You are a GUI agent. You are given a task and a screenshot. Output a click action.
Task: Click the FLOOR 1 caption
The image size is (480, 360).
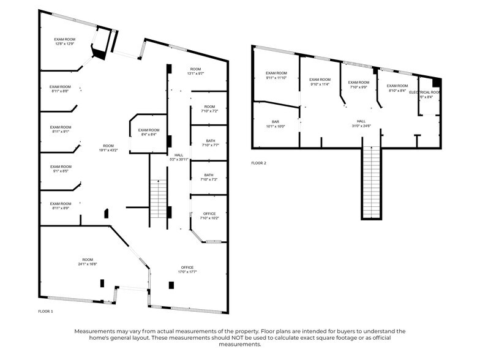coord(45,312)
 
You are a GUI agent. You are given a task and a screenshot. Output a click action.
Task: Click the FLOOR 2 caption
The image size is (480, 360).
coord(258,163)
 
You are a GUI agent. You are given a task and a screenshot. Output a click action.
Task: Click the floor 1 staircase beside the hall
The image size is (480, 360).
coord(159,199)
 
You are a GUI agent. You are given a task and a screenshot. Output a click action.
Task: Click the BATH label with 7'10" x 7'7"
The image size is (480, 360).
coord(209,143)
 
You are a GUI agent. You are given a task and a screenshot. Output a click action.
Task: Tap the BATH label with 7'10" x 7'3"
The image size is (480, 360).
coord(209,178)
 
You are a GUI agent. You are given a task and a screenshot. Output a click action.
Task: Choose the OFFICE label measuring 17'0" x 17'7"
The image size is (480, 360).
coord(187,269)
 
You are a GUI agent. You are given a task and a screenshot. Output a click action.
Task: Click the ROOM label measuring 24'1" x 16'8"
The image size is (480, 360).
coord(88,261)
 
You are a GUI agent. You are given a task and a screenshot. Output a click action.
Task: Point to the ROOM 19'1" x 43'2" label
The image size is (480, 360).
coord(108,148)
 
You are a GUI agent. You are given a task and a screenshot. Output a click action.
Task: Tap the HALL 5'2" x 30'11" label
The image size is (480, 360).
coord(179,157)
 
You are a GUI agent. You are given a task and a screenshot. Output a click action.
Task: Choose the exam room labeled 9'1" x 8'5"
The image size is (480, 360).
coord(61,169)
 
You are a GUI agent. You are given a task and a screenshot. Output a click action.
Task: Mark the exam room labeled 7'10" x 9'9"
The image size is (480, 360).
coord(359,84)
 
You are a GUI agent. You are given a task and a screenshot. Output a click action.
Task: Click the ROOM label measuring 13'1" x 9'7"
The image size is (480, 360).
coord(195,71)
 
